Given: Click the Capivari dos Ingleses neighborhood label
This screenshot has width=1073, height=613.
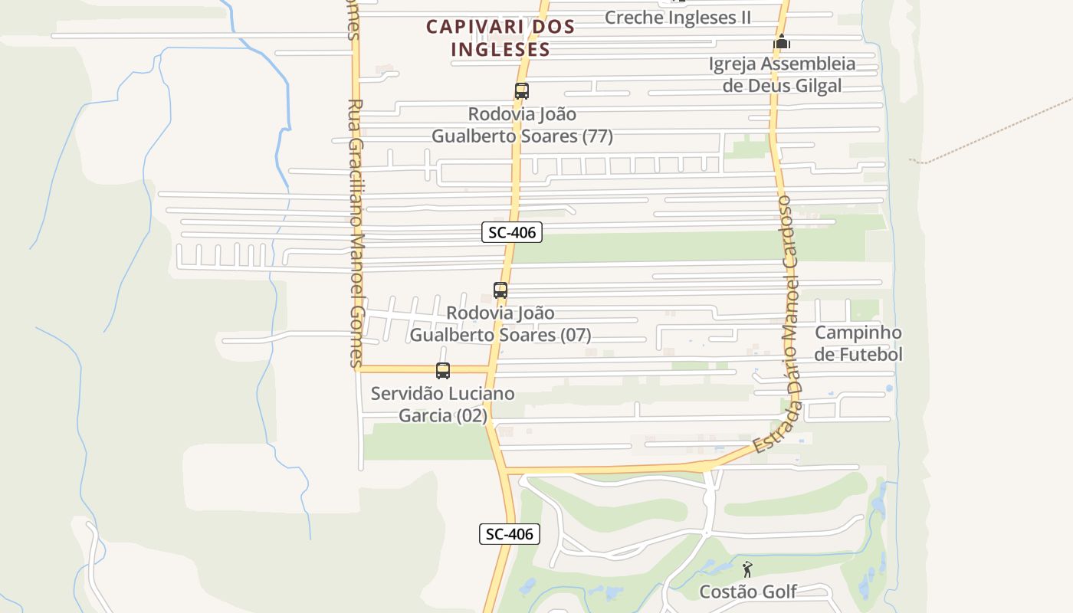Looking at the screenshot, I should (x=500, y=38).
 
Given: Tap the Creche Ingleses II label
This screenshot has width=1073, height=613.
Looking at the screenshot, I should (x=678, y=17).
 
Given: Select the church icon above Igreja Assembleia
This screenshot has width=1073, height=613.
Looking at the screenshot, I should (x=781, y=43).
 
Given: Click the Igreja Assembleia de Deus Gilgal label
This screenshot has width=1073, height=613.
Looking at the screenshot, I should (x=782, y=74).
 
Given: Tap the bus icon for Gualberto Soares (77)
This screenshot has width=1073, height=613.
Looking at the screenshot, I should (x=522, y=91).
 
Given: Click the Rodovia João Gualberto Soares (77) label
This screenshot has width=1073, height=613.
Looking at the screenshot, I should (x=522, y=125).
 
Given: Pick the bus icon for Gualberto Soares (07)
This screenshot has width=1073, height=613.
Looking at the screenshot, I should (x=500, y=290).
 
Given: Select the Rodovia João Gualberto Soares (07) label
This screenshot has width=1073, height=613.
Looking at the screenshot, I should (x=500, y=324).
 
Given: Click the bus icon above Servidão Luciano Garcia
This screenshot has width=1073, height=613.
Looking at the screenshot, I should (x=443, y=371).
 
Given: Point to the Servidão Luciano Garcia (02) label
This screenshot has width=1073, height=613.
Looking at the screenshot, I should (x=443, y=405).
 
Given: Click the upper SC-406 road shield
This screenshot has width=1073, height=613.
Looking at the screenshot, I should (x=512, y=232).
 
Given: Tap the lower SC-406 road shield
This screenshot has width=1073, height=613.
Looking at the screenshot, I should (x=510, y=534).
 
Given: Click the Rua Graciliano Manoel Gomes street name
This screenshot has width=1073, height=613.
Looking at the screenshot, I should (x=355, y=230).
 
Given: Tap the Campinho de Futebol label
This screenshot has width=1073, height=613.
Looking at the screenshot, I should (x=858, y=343).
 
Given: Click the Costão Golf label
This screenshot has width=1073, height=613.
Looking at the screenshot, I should (x=748, y=592).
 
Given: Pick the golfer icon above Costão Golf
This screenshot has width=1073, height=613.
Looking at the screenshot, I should (x=747, y=569).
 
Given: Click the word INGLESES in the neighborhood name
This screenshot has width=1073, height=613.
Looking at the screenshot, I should (x=500, y=49).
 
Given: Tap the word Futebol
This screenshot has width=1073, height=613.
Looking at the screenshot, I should (x=858, y=355).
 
